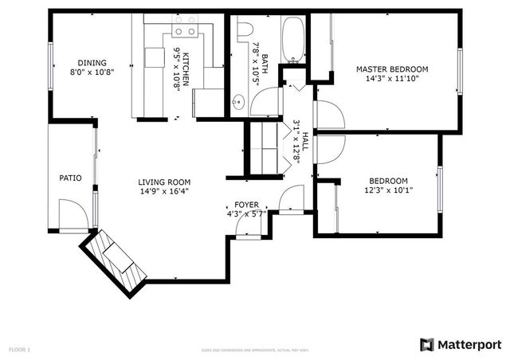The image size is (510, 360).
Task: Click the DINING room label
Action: [x=92, y=63]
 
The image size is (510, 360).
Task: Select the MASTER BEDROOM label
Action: [x=391, y=69]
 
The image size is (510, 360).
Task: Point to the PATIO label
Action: [x=70, y=178]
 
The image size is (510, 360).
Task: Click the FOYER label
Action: [x=245, y=205]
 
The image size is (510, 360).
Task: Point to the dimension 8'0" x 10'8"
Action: [x=92, y=72]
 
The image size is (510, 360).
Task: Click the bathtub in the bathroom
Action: [x=294, y=40]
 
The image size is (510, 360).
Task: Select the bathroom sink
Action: [x=238, y=102]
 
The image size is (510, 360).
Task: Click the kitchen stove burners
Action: [x=185, y=32]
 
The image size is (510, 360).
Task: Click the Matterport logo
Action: [x=460, y=344]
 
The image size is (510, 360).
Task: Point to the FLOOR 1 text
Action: [x=19, y=349]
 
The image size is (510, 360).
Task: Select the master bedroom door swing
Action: [x=329, y=116]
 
